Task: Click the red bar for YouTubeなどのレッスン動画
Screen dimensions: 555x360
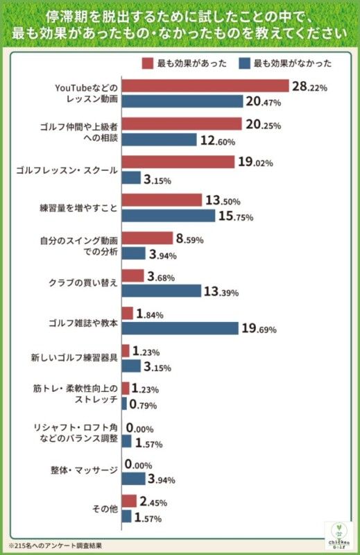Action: pyautogui.click(x=205, y=86)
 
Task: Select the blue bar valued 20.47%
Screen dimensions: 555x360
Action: pyautogui.click(x=182, y=101)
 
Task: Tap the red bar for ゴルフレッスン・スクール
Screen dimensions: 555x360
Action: pyautogui.click(x=178, y=162)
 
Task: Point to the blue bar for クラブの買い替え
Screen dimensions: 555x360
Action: pyautogui.click(x=161, y=291)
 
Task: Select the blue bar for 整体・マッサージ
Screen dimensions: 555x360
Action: pyautogui.click(x=133, y=478)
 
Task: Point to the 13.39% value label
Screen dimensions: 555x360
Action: pyautogui.click(x=221, y=291)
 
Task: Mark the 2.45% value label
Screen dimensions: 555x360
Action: pyautogui.click(x=153, y=501)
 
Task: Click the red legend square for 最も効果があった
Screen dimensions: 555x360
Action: pyautogui.click(x=147, y=63)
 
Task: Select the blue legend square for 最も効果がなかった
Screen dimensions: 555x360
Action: pyautogui.click(x=243, y=63)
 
